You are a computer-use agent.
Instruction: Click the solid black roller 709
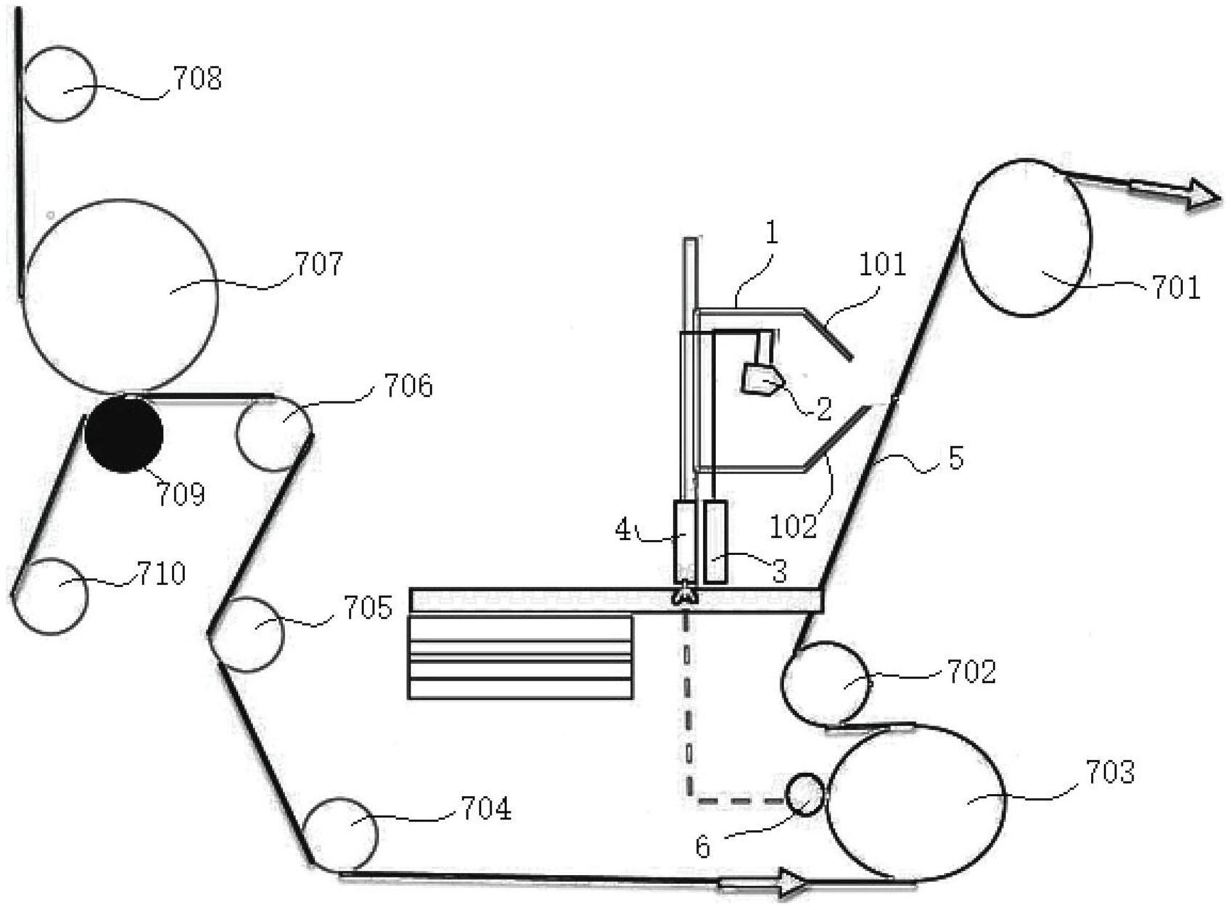124,434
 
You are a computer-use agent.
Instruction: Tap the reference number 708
197,78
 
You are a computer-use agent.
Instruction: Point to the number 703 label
1109,772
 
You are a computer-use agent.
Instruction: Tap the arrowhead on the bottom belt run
791,882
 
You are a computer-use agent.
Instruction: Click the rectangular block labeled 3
715,542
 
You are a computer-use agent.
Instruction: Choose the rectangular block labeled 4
686,542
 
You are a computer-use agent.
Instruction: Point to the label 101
883,264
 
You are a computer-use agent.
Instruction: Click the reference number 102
794,526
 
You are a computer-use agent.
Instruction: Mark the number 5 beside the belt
955,458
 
